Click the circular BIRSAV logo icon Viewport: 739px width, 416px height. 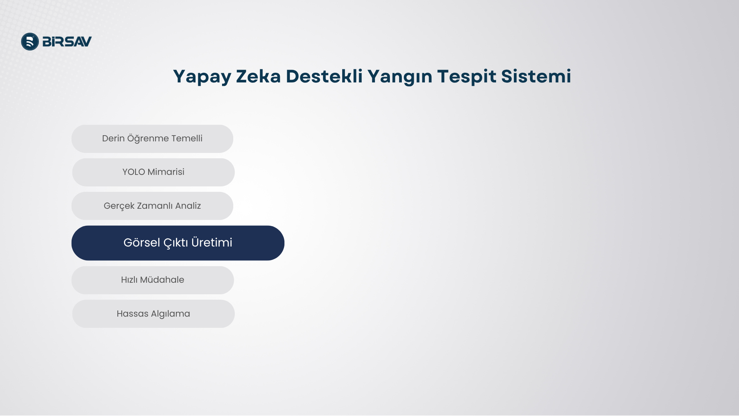(x=30, y=42)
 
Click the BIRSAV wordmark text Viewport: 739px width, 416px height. (x=67, y=42)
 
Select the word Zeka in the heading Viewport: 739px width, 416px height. (x=258, y=76)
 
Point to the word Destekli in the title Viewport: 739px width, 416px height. (x=324, y=76)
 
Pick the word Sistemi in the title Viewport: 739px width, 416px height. (x=536, y=76)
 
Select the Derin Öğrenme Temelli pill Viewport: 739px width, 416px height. (x=152, y=139)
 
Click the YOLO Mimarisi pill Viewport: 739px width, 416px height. (x=153, y=172)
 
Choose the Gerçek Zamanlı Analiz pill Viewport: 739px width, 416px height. (x=152, y=206)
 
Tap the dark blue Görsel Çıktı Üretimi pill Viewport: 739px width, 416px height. (x=178, y=243)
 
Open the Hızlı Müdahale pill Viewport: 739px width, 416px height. (x=152, y=280)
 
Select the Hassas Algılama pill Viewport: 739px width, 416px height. (x=153, y=314)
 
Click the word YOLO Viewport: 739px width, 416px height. (x=134, y=172)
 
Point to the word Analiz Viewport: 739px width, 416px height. (x=188, y=206)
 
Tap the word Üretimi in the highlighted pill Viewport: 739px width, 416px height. (x=212, y=242)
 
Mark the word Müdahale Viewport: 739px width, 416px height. (x=162, y=280)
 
